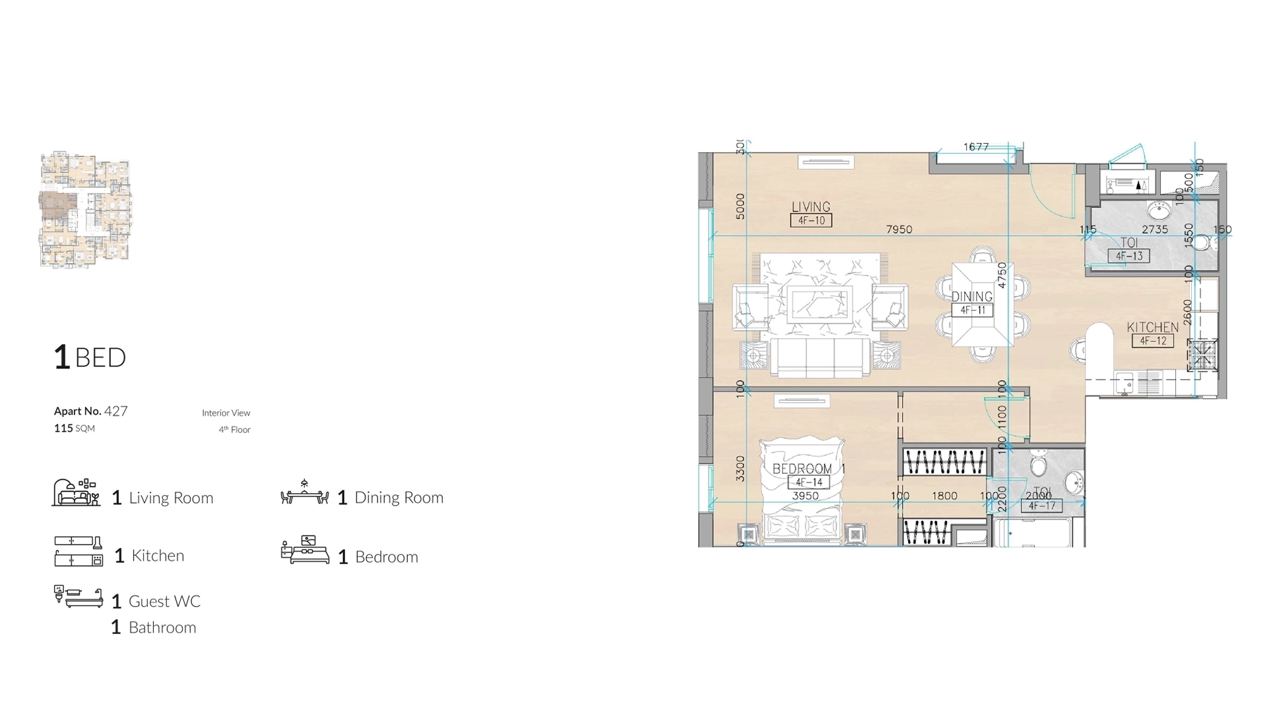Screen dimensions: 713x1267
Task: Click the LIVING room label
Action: click(x=811, y=207)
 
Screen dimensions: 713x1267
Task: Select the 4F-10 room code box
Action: click(x=811, y=221)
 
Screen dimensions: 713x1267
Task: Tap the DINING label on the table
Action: click(x=972, y=296)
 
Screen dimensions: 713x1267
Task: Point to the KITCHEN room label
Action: click(x=1152, y=327)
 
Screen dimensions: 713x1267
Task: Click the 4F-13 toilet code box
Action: click(x=1129, y=256)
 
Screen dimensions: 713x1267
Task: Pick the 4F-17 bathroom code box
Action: click(x=1042, y=506)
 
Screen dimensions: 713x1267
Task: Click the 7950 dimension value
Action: click(x=899, y=229)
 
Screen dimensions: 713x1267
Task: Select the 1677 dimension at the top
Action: click(x=976, y=147)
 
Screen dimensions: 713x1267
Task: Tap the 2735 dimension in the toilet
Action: click(x=1155, y=229)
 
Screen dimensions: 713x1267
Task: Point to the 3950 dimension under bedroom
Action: click(x=805, y=496)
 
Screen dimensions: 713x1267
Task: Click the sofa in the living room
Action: click(x=820, y=358)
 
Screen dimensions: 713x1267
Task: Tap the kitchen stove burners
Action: click(x=1202, y=355)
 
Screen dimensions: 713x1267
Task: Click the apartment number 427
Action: click(x=116, y=411)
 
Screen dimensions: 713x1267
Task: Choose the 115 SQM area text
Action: click(x=75, y=428)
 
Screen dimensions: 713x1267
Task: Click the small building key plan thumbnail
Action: click(x=85, y=210)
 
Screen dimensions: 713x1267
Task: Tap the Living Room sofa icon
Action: click(x=76, y=493)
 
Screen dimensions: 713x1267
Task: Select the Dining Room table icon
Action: click(x=304, y=493)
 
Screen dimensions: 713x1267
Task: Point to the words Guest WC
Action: click(x=164, y=601)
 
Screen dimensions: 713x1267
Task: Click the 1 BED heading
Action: click(x=90, y=357)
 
